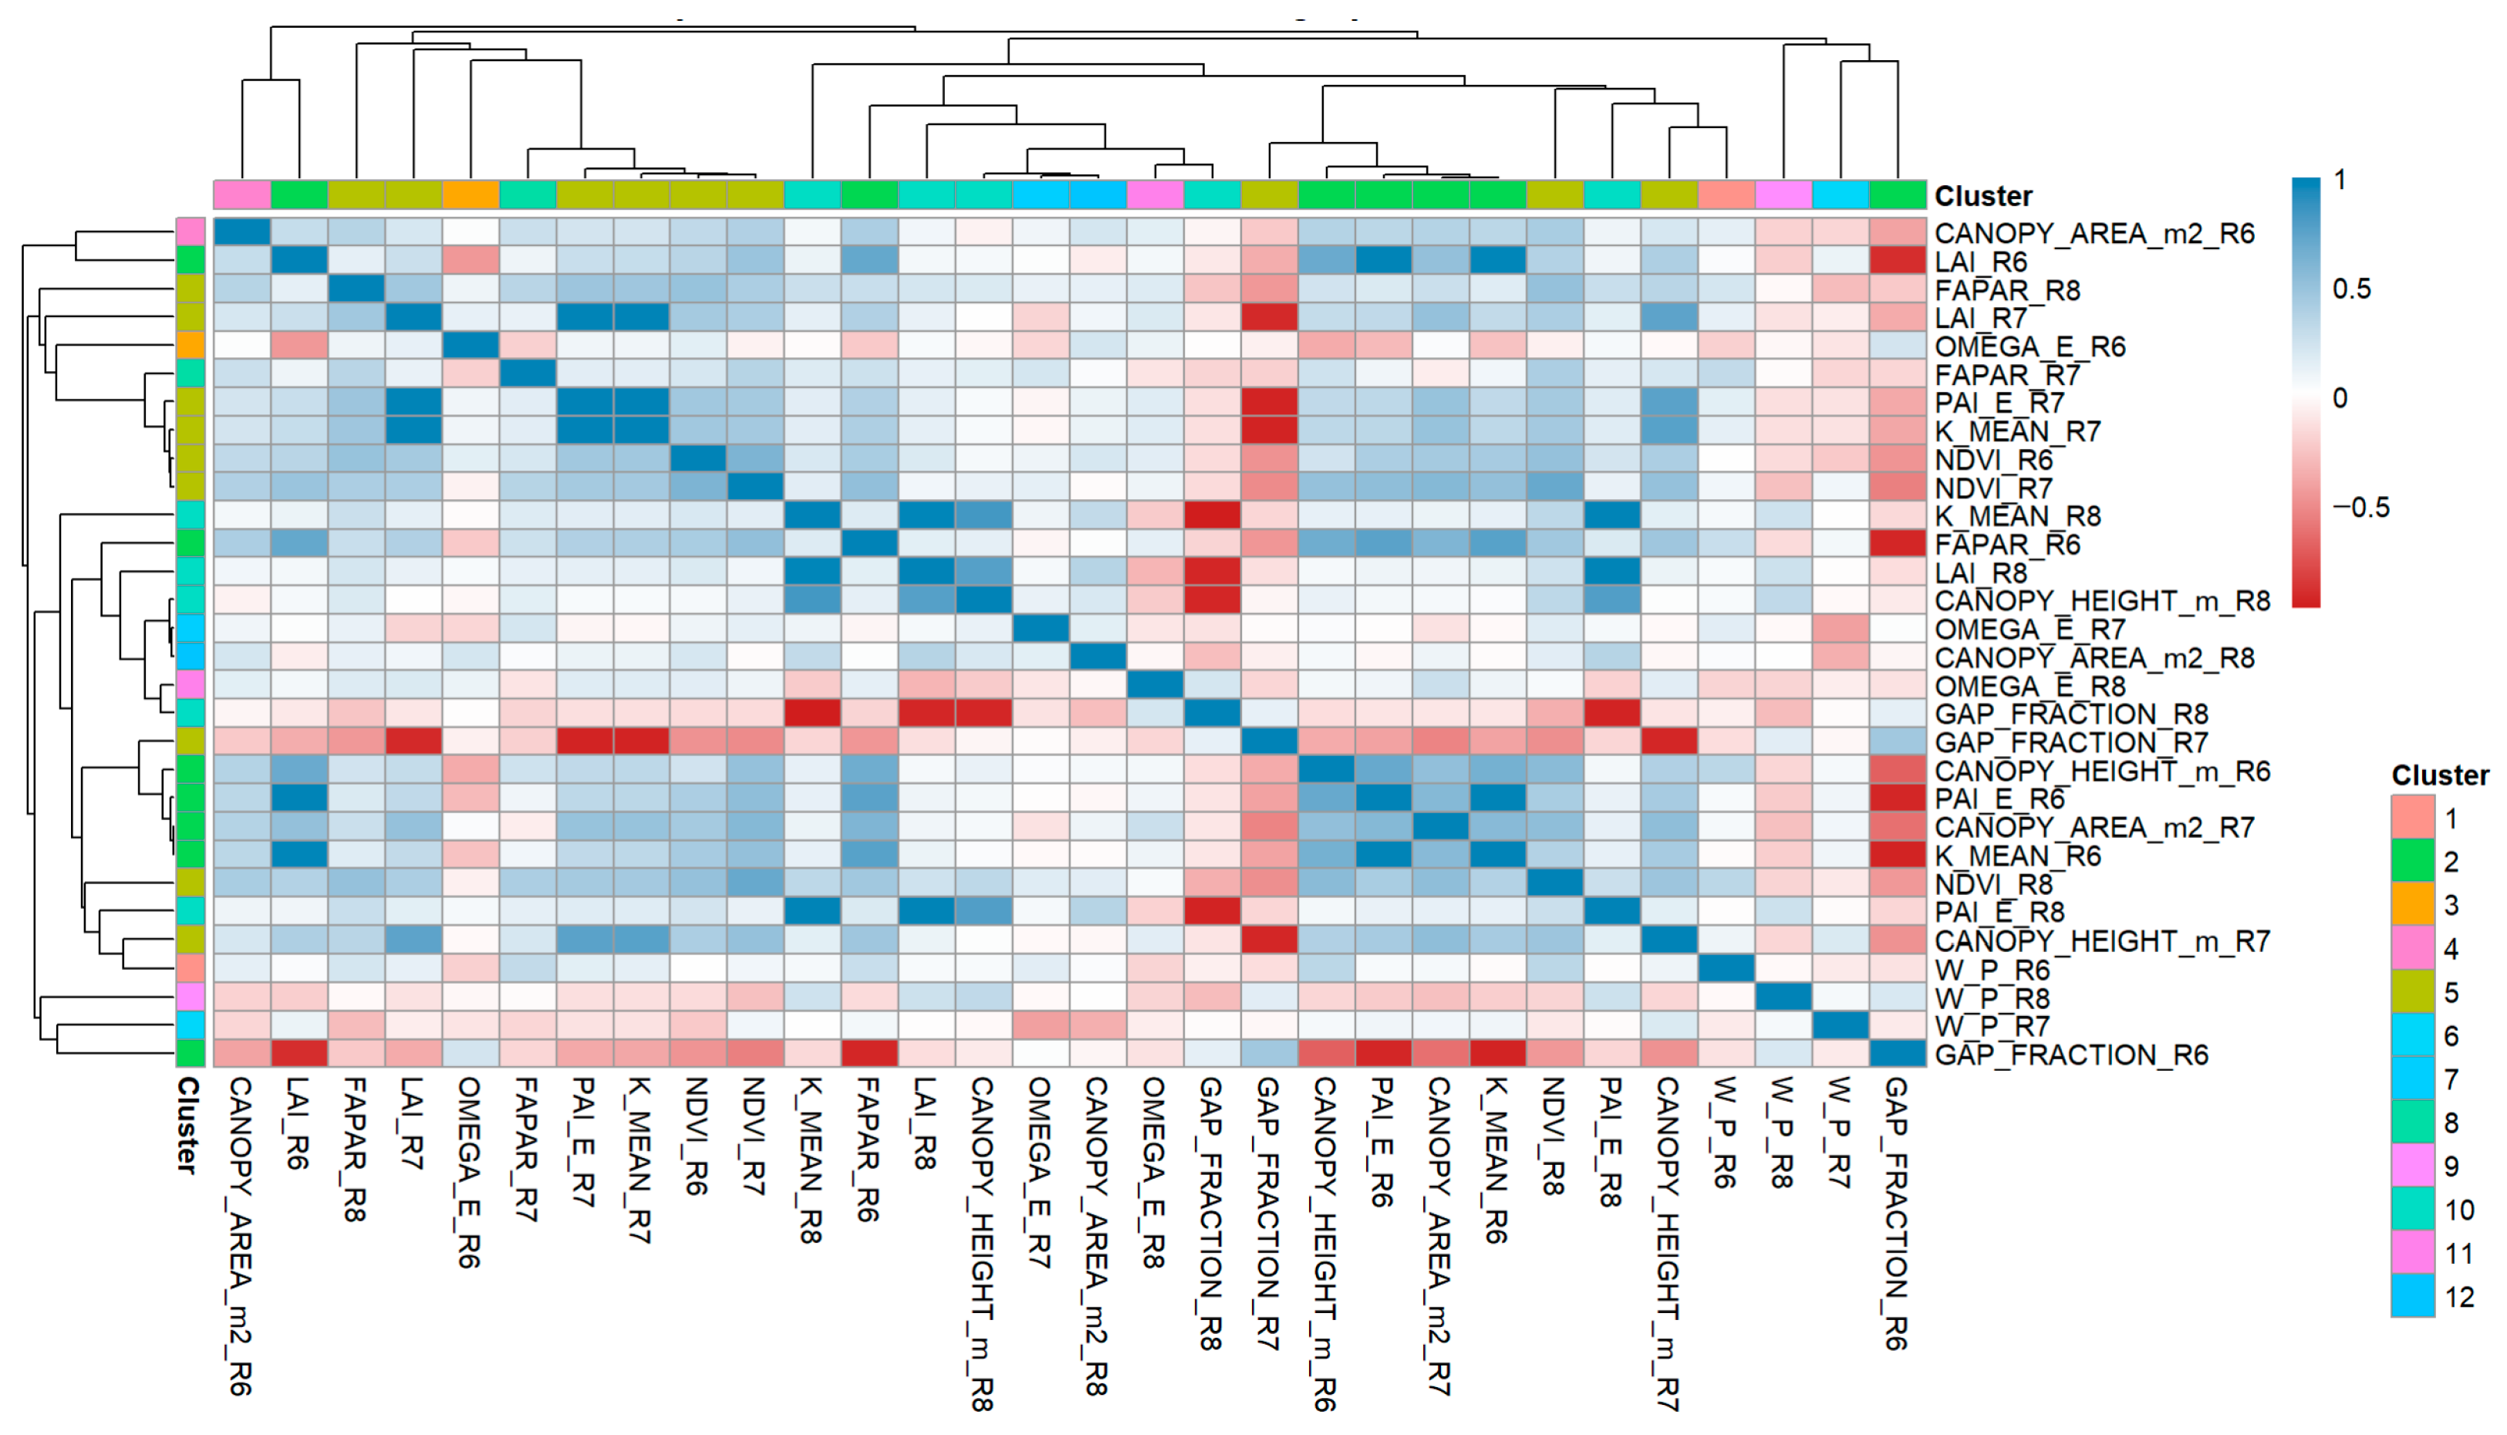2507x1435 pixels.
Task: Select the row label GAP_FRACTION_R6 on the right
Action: click(2070, 1055)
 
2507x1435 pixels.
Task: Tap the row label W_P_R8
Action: click(1992, 998)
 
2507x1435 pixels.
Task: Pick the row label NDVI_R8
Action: click(1992, 884)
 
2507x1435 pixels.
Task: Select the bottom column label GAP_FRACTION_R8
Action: click(1210, 1212)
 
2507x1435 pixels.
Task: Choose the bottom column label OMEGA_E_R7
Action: click(1039, 1172)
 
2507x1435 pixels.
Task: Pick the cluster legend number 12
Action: click(2458, 1297)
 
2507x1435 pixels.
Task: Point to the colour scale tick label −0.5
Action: click(2360, 508)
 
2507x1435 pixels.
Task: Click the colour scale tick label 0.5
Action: click(2351, 289)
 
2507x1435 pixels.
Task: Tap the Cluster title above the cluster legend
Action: click(2440, 775)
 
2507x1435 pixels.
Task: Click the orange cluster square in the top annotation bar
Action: click(471, 194)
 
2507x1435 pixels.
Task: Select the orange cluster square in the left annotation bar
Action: click(191, 346)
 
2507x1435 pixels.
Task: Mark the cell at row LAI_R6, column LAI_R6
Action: click(299, 262)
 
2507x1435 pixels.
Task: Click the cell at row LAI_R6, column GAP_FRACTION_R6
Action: click(1898, 262)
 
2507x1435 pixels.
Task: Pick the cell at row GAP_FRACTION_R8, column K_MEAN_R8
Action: click(812, 714)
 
